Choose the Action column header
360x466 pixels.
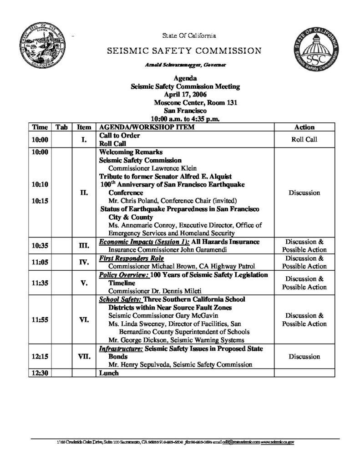[304, 128]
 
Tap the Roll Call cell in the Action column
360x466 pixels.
[304, 140]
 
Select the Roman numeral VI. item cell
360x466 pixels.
[84, 319]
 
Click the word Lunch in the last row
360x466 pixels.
[109, 373]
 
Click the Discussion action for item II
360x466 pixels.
[304, 192]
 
